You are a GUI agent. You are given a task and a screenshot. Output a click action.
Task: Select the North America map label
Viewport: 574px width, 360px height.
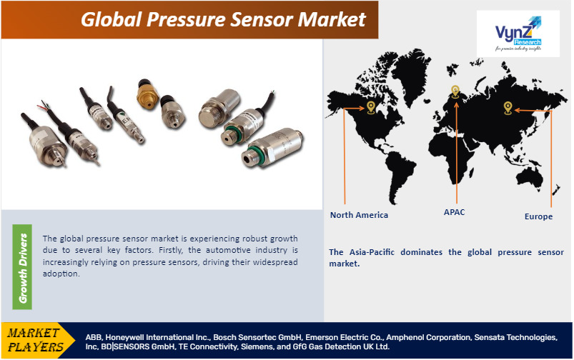click(x=359, y=215)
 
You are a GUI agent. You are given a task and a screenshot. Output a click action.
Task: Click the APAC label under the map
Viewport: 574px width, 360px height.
click(x=454, y=212)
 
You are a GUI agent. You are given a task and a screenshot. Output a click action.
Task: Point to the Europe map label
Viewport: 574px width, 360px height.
click(x=538, y=216)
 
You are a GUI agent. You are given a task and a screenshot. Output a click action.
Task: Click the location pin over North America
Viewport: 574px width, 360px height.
click(x=370, y=107)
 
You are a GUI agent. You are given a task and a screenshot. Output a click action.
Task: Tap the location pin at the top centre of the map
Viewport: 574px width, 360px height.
click(x=455, y=91)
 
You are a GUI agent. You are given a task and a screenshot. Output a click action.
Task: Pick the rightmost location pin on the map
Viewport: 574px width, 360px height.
click(x=508, y=108)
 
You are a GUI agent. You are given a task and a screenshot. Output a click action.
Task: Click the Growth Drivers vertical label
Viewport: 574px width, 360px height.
click(x=23, y=267)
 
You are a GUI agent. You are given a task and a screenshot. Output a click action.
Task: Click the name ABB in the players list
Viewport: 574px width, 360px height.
click(x=94, y=336)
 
